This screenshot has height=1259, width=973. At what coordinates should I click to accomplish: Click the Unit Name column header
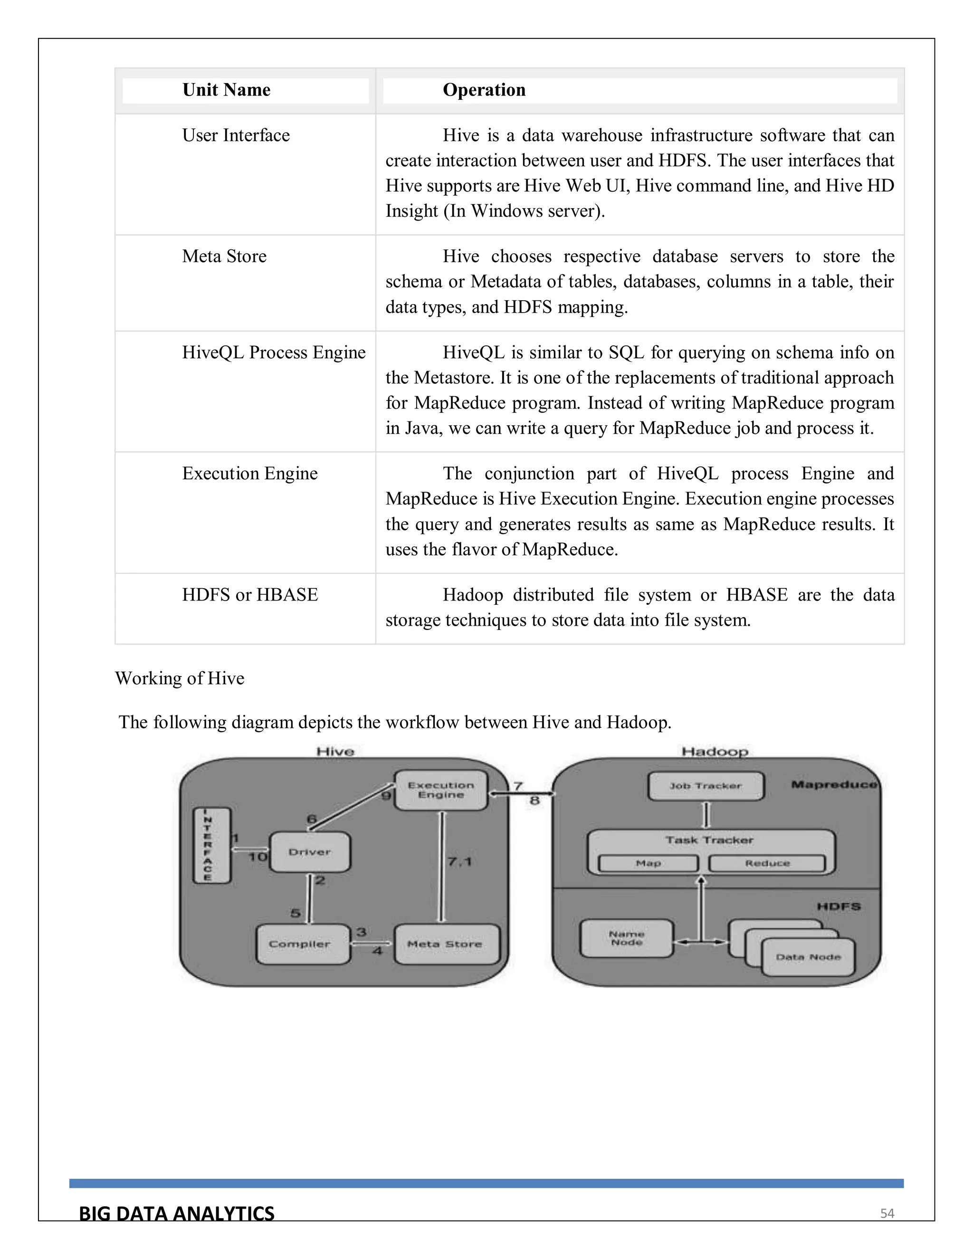(x=226, y=90)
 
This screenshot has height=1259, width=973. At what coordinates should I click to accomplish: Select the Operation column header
(x=484, y=90)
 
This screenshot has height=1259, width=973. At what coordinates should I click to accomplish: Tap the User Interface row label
(x=236, y=135)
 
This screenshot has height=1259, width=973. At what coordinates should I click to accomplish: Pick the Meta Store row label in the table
(x=224, y=257)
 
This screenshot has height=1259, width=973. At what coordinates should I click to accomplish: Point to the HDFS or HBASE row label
(x=249, y=595)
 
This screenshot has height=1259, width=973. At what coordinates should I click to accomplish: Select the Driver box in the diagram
(x=310, y=852)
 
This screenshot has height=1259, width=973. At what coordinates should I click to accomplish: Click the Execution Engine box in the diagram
(x=441, y=791)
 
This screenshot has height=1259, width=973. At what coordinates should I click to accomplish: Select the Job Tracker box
(x=706, y=786)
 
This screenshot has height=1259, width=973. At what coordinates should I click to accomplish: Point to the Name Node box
(x=626, y=938)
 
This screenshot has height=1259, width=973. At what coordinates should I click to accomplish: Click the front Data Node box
(x=808, y=957)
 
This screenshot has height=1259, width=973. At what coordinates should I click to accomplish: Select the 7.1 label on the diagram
(x=459, y=862)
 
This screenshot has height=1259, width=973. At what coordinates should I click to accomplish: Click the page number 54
(x=887, y=1213)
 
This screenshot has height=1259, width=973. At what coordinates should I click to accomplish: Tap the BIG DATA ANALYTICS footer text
(x=176, y=1213)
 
